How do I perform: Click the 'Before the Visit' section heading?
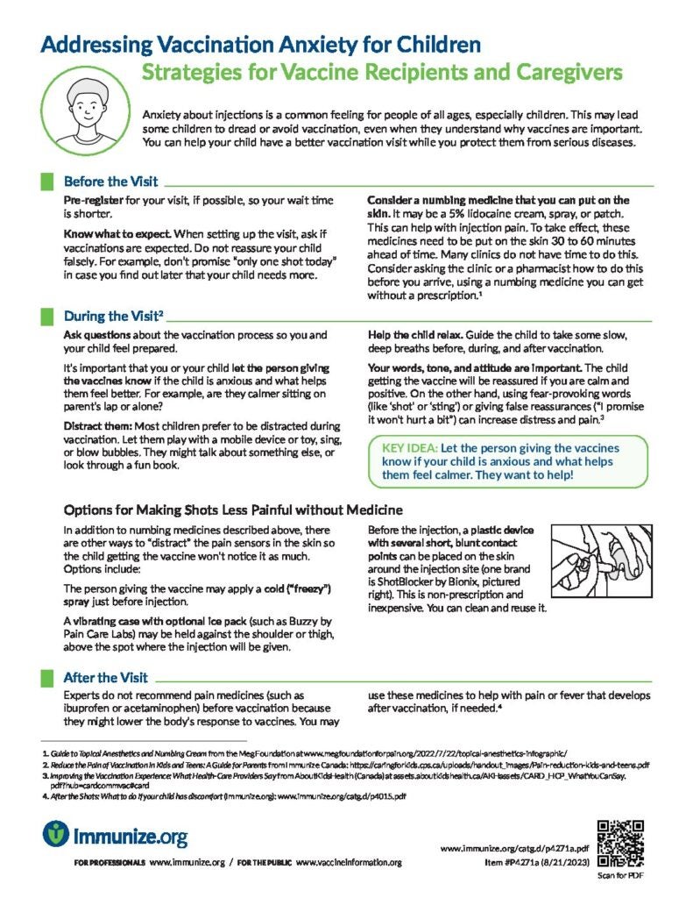pos(110,182)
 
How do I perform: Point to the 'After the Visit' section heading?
pos(105,677)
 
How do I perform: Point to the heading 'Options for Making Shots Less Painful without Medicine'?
pos(233,510)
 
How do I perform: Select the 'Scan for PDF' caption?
pos(620,876)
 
